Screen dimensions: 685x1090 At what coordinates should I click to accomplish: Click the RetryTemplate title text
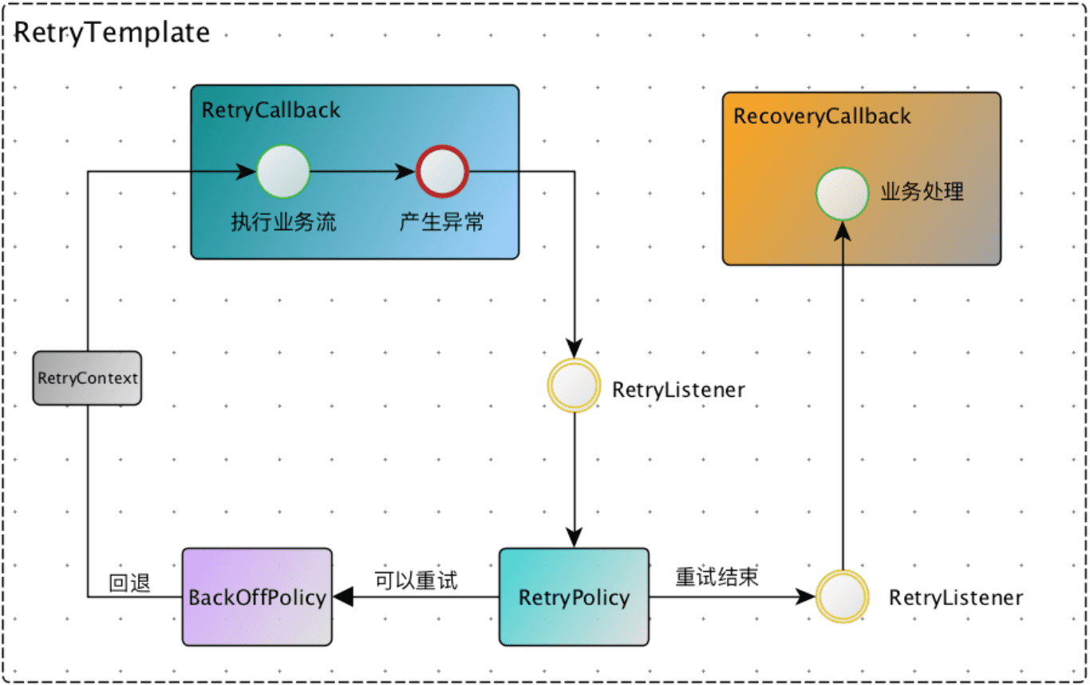tap(113, 33)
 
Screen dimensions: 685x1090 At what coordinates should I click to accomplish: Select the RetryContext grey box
tap(87, 378)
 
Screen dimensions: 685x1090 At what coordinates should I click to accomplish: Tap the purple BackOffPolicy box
tap(256, 596)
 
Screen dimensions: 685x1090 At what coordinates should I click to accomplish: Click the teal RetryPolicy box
tap(574, 596)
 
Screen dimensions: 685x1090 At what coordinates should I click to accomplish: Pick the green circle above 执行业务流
tap(282, 172)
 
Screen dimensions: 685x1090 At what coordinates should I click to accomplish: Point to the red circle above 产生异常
tap(443, 172)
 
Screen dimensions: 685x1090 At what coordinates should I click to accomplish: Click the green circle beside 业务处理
tap(842, 193)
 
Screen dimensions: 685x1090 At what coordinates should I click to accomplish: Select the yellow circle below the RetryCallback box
tap(573, 386)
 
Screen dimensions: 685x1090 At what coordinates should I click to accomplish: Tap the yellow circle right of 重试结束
tap(842, 596)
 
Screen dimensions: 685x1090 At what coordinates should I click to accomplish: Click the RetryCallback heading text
tap(271, 109)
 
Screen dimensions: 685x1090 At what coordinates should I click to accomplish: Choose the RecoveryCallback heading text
tap(822, 116)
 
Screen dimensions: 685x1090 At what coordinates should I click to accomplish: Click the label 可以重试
tap(416, 580)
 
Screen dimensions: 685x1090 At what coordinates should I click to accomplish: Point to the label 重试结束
tap(716, 578)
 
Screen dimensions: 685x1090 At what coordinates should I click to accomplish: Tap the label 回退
tap(129, 584)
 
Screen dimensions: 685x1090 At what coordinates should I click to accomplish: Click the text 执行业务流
tap(283, 222)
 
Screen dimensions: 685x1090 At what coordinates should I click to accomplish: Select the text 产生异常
tap(441, 222)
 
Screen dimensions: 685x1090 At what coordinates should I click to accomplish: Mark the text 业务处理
tap(922, 192)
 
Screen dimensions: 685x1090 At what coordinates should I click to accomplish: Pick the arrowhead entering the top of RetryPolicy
tap(573, 538)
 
